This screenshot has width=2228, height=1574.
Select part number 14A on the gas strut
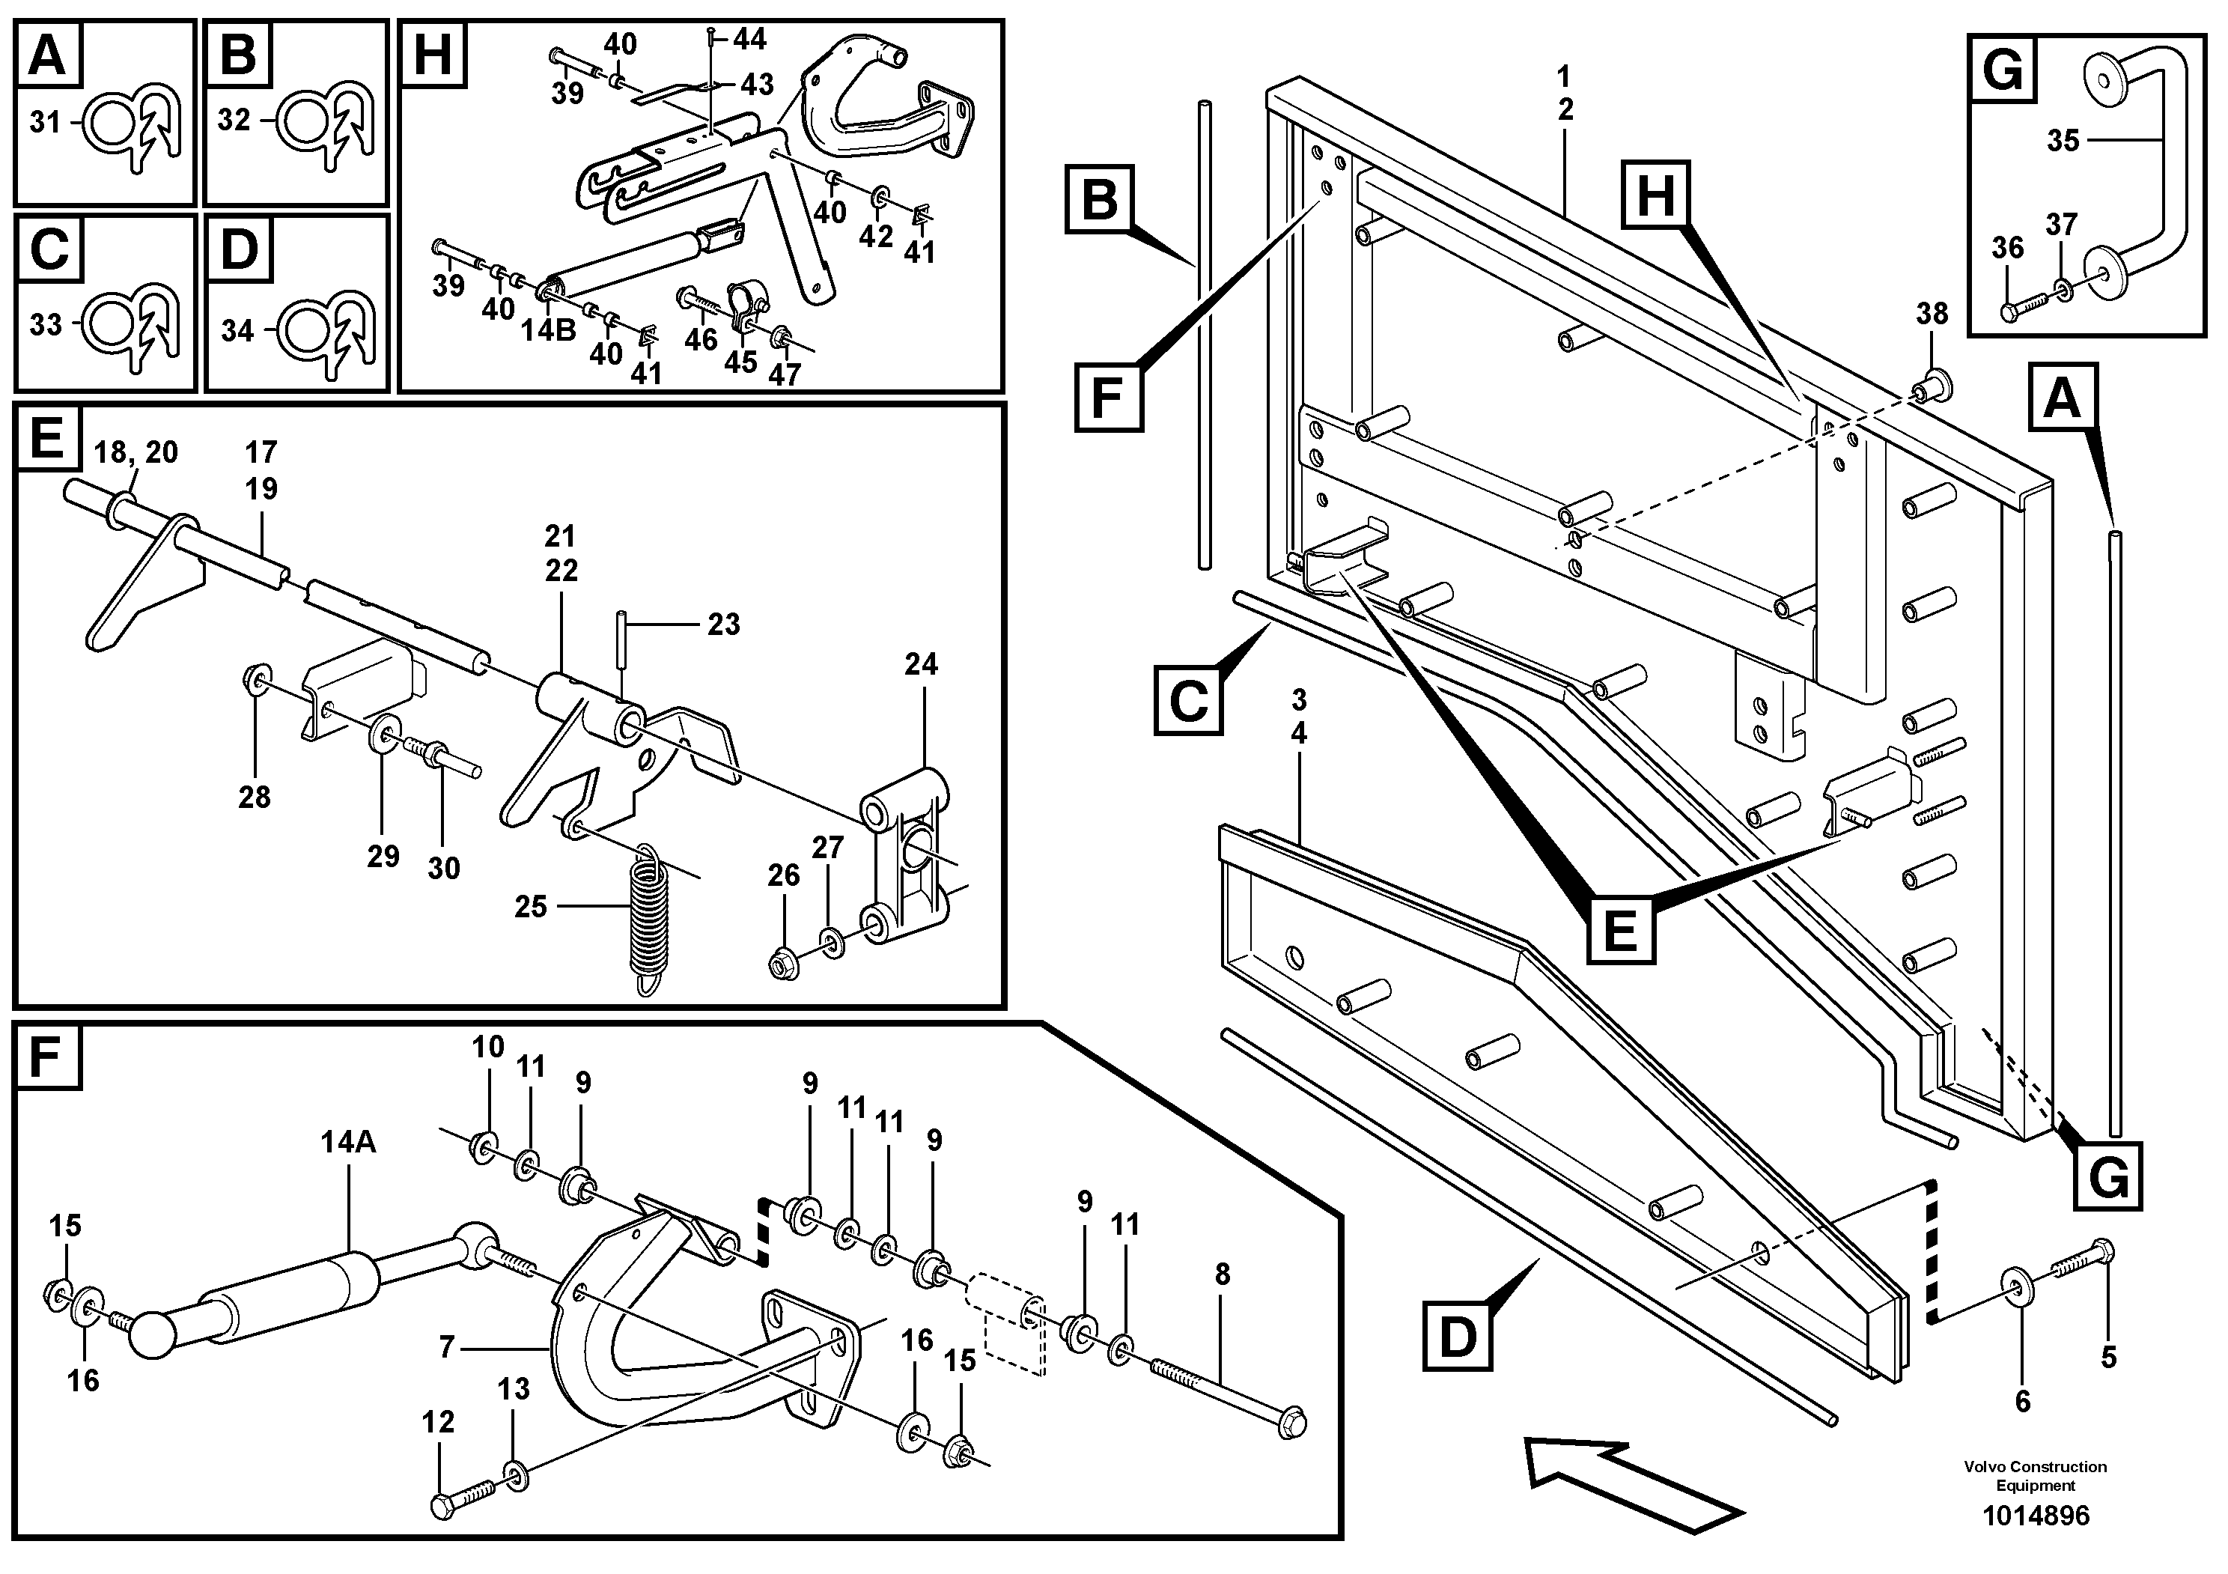coord(348,1142)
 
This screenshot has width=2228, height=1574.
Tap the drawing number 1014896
coord(2035,1516)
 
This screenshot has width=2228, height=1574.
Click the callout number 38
coord(1931,314)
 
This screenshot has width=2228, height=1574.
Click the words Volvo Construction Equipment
coord(2035,1475)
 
